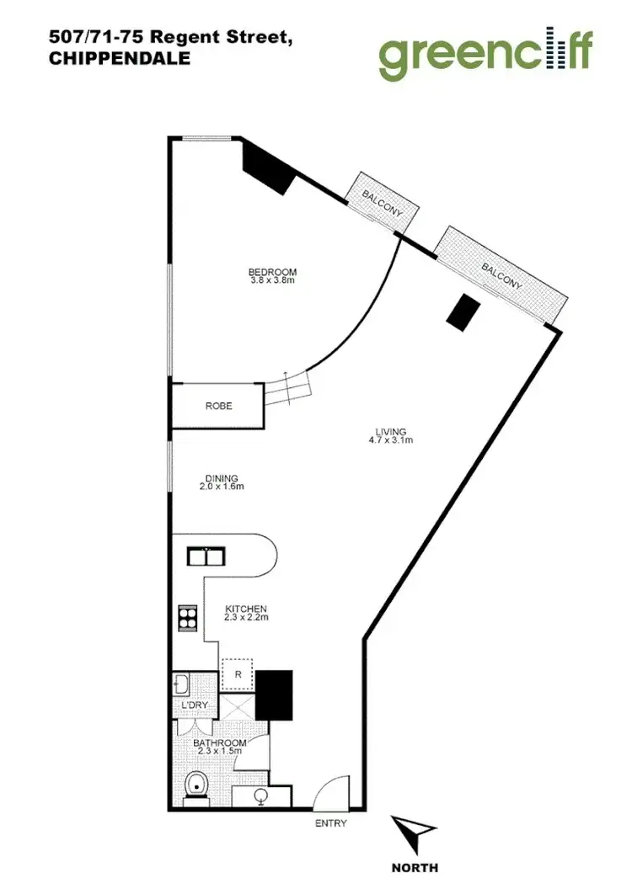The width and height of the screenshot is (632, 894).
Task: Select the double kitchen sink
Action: [x=205, y=556]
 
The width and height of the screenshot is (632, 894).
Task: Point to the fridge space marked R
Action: [x=238, y=673]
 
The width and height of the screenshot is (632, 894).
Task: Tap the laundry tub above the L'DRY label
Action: [x=183, y=683]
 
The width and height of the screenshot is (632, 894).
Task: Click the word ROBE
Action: [x=218, y=406]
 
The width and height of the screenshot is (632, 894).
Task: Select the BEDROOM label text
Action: [x=272, y=272]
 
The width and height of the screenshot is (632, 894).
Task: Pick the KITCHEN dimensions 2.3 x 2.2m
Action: [x=246, y=618]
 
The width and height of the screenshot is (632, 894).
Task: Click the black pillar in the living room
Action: [x=462, y=312]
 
